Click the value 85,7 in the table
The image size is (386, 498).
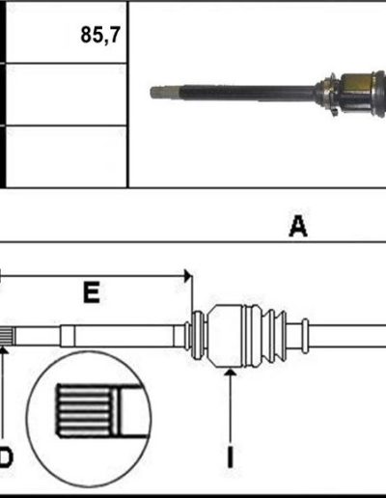(x=100, y=35)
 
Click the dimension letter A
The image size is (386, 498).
(x=298, y=226)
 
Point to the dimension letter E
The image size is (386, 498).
(x=92, y=292)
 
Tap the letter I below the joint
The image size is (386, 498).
(x=231, y=456)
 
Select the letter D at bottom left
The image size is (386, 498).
(x=6, y=456)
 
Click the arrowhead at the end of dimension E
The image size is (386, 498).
(x=187, y=276)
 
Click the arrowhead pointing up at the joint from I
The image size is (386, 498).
(x=231, y=372)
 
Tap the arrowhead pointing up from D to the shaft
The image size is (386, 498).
(x=3, y=349)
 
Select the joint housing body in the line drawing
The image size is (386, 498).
(x=226, y=336)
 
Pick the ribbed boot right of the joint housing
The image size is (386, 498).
(x=265, y=336)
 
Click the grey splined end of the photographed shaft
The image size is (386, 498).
(x=165, y=93)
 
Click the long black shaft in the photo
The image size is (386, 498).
(x=247, y=93)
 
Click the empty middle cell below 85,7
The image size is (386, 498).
(x=67, y=95)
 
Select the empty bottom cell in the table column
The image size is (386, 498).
(x=67, y=156)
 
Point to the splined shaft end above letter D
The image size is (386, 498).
(x=7, y=336)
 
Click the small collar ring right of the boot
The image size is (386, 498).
(x=305, y=336)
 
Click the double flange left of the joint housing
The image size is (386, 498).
(x=198, y=336)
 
